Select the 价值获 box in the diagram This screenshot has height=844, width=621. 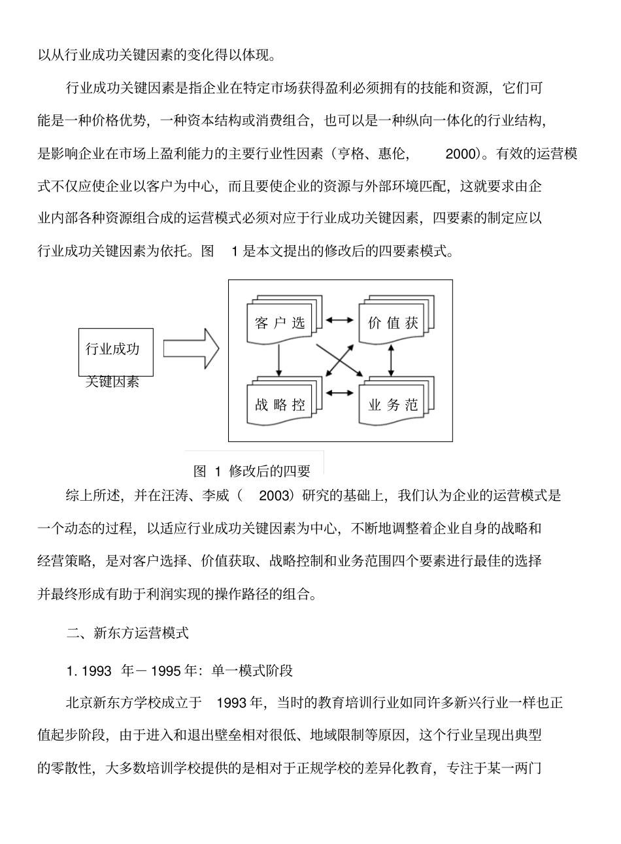click(393, 322)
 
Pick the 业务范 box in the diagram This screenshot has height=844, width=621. click(393, 404)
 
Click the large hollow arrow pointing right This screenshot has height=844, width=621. click(190, 348)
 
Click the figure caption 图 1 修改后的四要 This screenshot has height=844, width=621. click(252, 471)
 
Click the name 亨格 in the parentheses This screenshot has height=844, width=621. click(348, 155)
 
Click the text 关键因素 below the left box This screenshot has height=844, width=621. click(112, 382)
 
